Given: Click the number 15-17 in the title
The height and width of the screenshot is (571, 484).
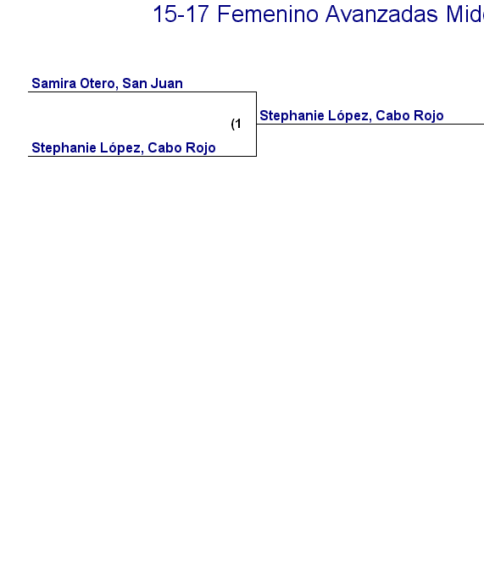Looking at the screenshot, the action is pos(181,14).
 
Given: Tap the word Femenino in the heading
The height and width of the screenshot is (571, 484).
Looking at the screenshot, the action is pos(268,14).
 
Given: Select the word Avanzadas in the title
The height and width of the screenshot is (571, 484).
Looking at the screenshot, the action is pos(381,14).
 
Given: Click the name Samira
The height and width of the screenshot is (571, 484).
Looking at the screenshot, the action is pos(54,83).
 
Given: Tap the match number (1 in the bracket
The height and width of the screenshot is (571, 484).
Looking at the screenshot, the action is pos(236,124).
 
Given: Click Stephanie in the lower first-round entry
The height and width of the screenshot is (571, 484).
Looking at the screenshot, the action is pos(64,148).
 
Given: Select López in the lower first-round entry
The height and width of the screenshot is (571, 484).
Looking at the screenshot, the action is pos(122,148).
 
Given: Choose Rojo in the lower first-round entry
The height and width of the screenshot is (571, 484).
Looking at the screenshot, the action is pos(200,148).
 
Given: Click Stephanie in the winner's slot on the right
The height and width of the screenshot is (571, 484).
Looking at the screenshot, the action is pos(292,116).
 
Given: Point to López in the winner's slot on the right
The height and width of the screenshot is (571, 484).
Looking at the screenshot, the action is pos(350,116).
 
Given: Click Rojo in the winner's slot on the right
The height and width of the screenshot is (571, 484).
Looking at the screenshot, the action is pos(429,116).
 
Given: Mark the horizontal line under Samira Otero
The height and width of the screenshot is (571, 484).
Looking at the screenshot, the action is pos(142,91).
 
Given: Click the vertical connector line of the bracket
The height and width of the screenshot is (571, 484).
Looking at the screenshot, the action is pos(256,124).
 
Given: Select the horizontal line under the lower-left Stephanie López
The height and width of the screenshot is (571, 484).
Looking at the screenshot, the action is pos(142,156).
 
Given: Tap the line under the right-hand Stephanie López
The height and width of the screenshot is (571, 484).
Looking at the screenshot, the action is pos(370,125).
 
